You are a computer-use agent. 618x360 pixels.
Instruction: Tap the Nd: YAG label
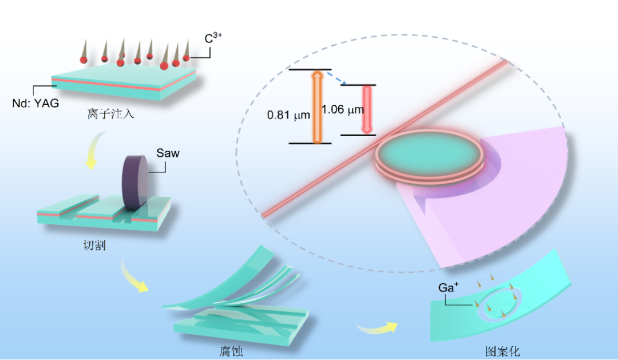pos(35,104)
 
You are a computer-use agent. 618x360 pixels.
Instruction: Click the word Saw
pos(168,153)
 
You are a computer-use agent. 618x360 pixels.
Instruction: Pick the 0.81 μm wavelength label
pos(288,115)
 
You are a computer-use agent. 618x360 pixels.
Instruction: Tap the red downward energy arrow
pos(366,110)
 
